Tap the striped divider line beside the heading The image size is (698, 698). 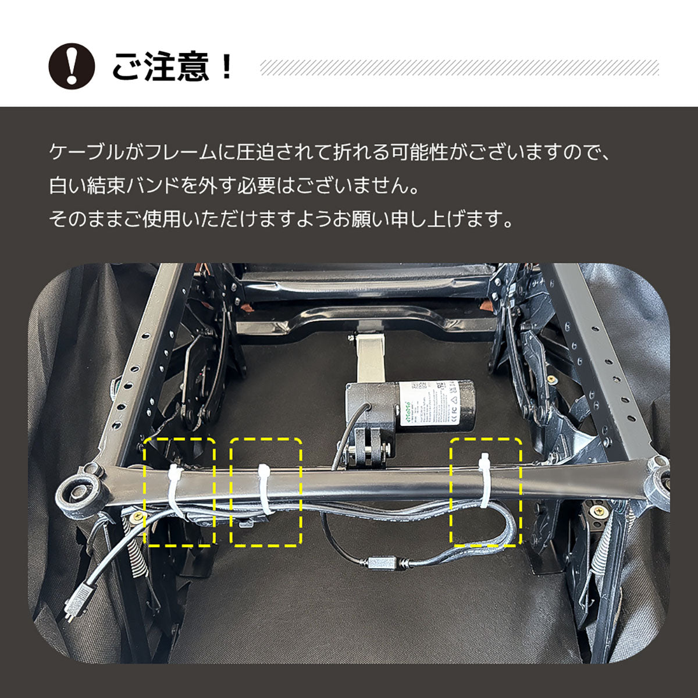pyautogui.click(x=460, y=67)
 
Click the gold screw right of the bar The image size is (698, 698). pyautogui.click(x=597, y=511)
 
